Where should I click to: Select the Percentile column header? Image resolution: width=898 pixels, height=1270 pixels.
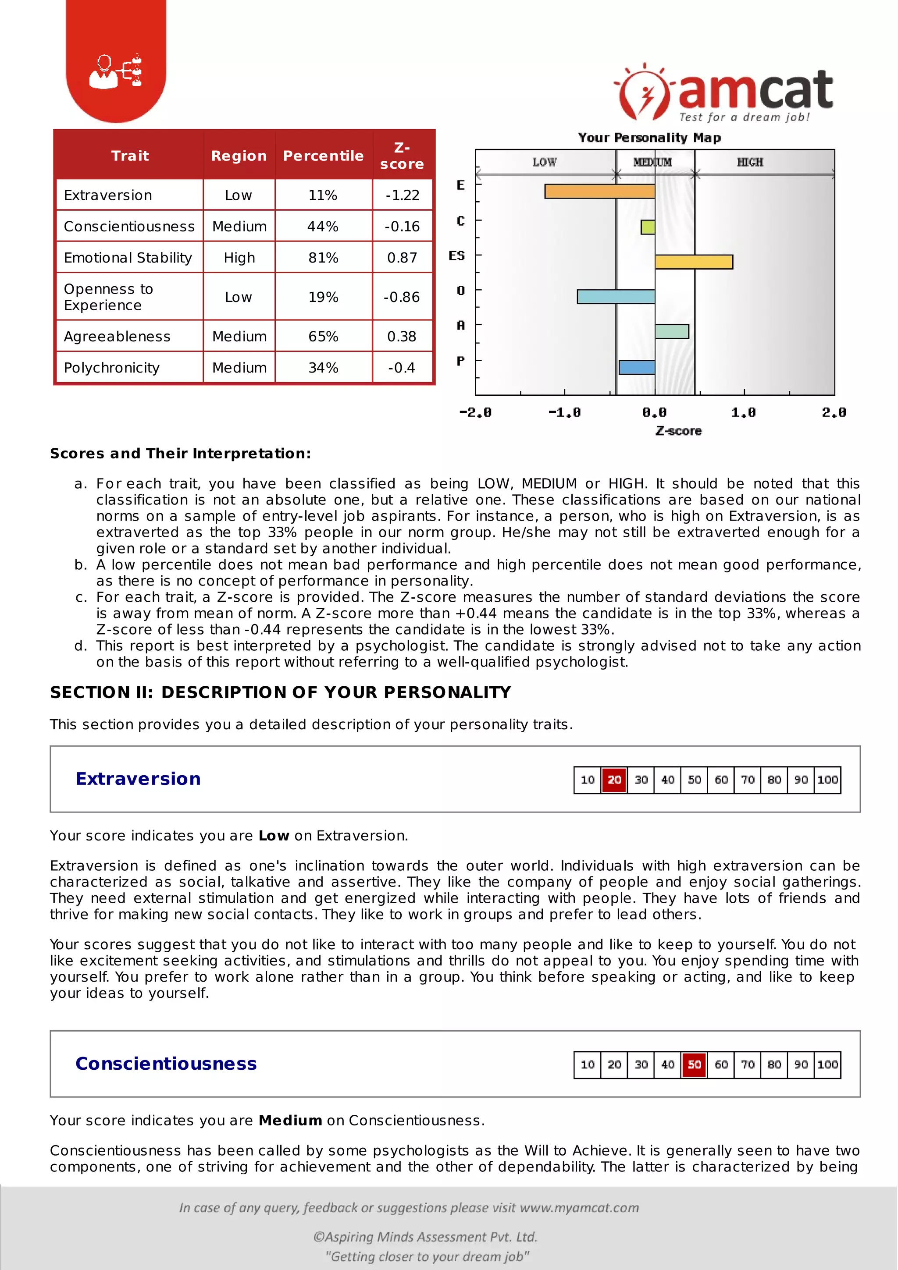click(323, 156)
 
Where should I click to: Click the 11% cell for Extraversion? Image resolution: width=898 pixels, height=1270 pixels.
click(323, 195)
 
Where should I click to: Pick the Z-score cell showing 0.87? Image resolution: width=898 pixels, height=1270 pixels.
click(402, 258)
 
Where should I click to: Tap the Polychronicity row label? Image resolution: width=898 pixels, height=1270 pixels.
click(112, 368)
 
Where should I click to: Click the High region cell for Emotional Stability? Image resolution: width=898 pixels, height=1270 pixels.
click(239, 258)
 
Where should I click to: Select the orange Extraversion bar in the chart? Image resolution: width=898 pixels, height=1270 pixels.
click(599, 192)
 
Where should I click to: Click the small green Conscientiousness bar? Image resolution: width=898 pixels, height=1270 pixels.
click(648, 227)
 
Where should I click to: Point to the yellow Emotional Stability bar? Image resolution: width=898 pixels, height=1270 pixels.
click(693, 262)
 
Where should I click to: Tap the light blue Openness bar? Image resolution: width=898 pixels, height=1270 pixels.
click(616, 297)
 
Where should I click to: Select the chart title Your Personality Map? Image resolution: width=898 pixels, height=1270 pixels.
click(649, 138)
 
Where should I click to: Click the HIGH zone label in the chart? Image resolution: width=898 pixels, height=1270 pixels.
click(750, 162)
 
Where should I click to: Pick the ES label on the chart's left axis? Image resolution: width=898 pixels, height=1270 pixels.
click(456, 255)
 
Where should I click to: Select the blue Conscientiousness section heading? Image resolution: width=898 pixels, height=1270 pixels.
click(166, 1064)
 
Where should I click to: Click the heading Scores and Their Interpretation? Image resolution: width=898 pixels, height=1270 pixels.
click(180, 454)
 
